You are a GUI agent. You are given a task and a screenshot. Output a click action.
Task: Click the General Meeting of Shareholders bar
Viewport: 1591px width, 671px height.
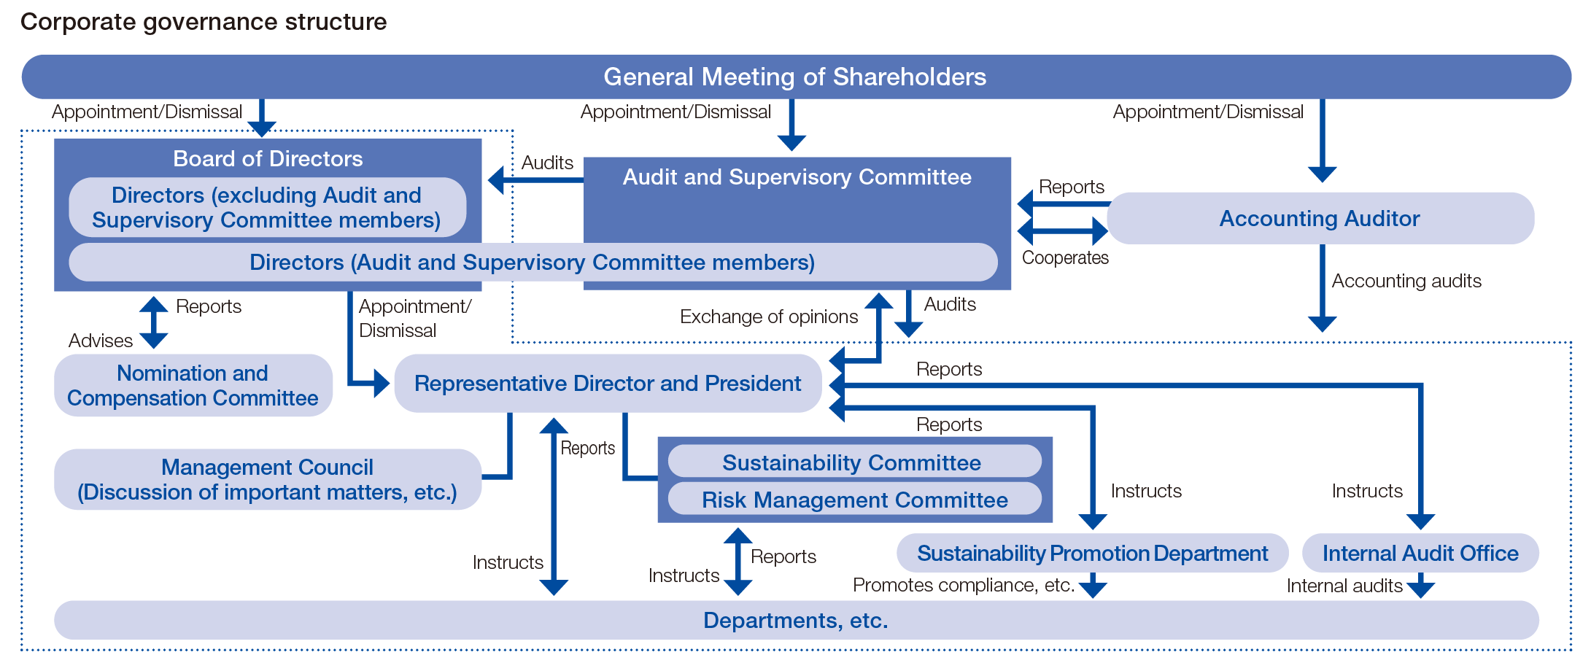(x=795, y=77)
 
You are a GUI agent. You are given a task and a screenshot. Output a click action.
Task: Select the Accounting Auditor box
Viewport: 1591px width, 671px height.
(x=1320, y=218)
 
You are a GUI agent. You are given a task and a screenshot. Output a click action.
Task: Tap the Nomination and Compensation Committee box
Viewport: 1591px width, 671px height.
(x=193, y=385)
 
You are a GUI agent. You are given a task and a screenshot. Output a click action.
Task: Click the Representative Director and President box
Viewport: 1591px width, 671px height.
(x=607, y=384)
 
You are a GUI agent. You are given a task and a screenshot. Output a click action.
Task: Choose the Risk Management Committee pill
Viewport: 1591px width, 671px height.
(x=853, y=500)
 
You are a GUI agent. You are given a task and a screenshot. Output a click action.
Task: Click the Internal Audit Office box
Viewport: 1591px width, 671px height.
(x=1420, y=553)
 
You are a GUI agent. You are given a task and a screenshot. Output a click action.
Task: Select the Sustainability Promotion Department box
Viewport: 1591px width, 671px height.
(x=1092, y=553)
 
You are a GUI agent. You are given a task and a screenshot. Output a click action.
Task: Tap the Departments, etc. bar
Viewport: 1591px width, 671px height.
(x=795, y=620)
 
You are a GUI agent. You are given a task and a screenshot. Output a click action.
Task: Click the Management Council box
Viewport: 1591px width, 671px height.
(x=267, y=479)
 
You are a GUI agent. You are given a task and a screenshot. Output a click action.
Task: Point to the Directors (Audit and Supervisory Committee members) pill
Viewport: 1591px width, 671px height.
(x=533, y=263)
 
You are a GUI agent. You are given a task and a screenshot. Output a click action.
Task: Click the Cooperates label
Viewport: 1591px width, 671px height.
(x=1064, y=257)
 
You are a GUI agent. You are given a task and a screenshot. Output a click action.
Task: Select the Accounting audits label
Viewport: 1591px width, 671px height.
(x=1406, y=281)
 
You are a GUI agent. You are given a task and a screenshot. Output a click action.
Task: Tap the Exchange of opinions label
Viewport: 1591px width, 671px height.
(x=768, y=317)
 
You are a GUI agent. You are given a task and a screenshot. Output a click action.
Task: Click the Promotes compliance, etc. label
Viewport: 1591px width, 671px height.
(x=963, y=585)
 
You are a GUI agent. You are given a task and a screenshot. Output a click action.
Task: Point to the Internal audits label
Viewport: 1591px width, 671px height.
(x=1344, y=586)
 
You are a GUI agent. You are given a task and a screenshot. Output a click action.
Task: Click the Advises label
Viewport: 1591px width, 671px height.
(x=100, y=341)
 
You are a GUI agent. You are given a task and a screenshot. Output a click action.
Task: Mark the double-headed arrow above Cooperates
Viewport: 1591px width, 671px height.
(x=1063, y=231)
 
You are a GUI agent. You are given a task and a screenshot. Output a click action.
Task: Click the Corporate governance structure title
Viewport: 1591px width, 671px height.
(x=204, y=22)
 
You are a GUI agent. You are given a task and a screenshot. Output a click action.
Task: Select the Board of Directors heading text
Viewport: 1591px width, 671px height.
(x=268, y=158)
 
